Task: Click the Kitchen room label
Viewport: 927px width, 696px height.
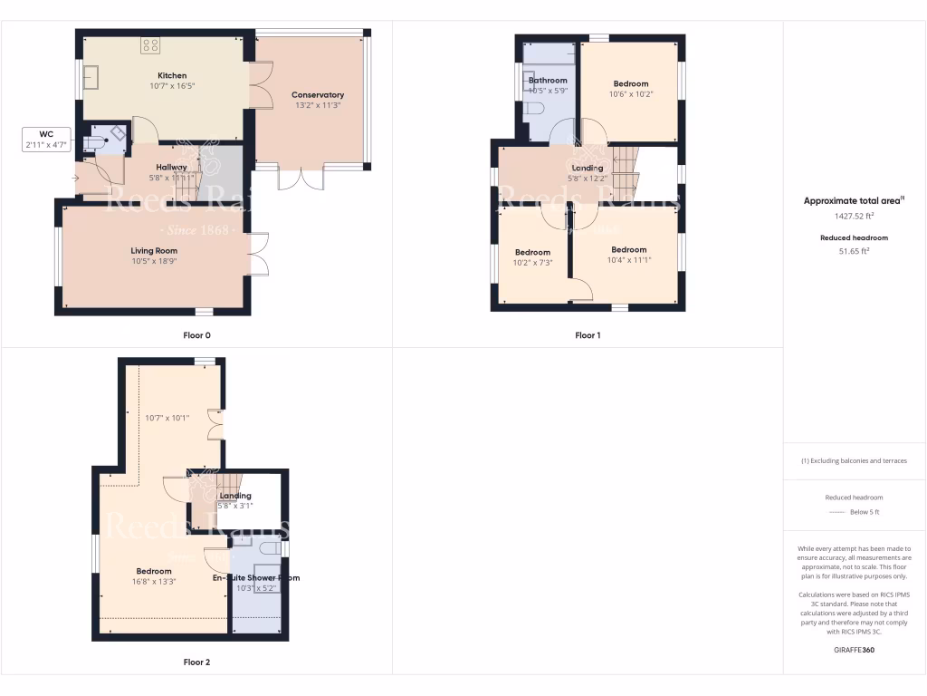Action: pyautogui.click(x=172, y=76)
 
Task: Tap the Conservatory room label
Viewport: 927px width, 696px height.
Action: pyautogui.click(x=318, y=95)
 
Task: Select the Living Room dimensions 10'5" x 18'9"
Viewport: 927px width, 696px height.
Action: pyautogui.click(x=154, y=261)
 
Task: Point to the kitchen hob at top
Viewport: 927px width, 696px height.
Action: pyautogui.click(x=150, y=43)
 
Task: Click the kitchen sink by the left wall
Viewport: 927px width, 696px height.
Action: pyautogui.click(x=91, y=79)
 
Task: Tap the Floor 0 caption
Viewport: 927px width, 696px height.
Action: pyautogui.click(x=196, y=335)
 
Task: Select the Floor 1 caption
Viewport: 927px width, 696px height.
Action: pyautogui.click(x=588, y=335)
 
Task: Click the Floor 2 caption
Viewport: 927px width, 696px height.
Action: pyautogui.click(x=196, y=662)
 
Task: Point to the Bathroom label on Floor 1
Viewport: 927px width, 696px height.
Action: pyautogui.click(x=548, y=82)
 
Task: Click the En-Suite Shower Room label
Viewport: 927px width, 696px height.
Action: pyautogui.click(x=256, y=577)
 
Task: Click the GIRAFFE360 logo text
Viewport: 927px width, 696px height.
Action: pyautogui.click(x=855, y=650)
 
